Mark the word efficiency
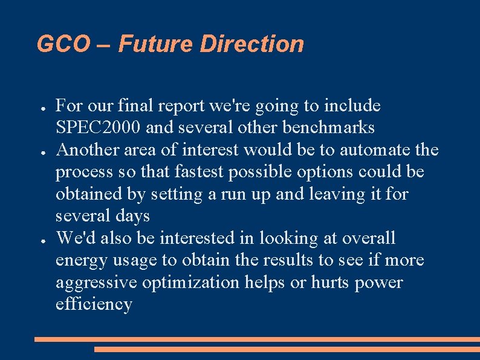tap(94, 304)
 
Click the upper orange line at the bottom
tap(257, 339)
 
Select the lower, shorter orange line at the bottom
tap(287, 349)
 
